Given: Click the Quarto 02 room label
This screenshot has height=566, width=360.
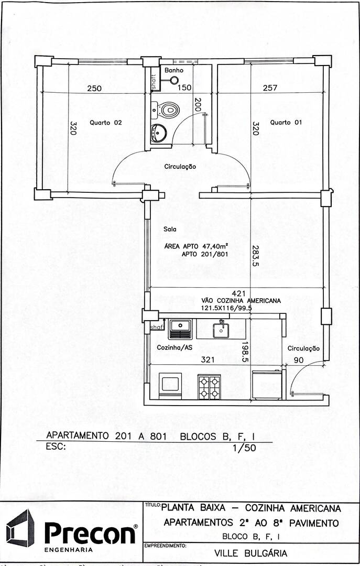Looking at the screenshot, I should tap(105, 123).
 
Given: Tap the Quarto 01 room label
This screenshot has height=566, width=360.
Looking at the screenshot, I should tap(286, 122).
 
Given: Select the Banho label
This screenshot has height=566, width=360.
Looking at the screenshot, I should tap(173, 70).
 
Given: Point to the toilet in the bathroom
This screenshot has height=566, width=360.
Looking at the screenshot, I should tap(168, 110).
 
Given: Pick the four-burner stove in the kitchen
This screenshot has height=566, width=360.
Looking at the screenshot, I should tap(209, 387).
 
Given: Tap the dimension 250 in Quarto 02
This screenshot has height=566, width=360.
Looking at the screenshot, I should tap(94, 88).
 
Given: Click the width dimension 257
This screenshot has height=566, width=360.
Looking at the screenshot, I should tap(270, 88).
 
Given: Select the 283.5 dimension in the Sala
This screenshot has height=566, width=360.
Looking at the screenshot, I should tap(255, 256).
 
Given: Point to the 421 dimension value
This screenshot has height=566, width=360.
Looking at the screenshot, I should tap(239, 293).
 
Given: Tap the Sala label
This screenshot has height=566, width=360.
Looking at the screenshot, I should tap(170, 229).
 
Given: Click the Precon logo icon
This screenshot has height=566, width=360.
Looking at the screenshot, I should tap(20, 528).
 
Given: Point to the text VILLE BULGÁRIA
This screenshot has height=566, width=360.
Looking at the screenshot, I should tap(251, 553).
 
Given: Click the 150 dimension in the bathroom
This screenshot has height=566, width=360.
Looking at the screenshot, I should tap(184, 88).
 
